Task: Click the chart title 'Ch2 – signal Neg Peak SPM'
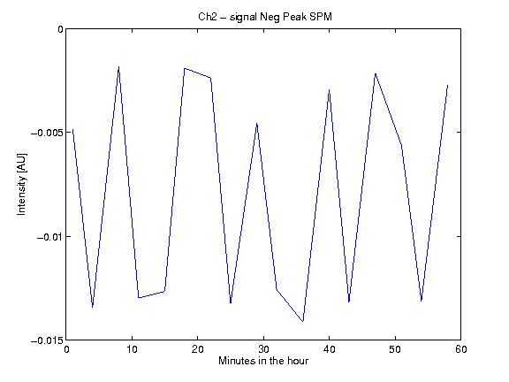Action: pos(265,17)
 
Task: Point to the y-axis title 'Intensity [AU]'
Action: pos(22,184)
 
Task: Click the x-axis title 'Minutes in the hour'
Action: pos(263,361)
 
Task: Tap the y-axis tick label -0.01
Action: pos(49,237)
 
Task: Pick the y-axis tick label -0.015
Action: pos(47,340)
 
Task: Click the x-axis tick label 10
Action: pos(133,349)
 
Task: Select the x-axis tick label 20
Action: pos(198,349)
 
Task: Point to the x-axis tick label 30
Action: pos(263,349)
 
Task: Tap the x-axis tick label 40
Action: pos(329,349)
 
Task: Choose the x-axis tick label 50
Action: pos(395,349)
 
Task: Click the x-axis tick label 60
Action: pos(461,349)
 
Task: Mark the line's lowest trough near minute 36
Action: pos(303,321)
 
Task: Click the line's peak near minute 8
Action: pos(118,67)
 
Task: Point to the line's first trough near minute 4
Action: pos(93,307)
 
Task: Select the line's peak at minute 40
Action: pos(329,89)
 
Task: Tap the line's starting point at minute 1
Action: pos(72,129)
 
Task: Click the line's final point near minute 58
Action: pos(448,85)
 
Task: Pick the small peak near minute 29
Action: pos(257,124)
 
